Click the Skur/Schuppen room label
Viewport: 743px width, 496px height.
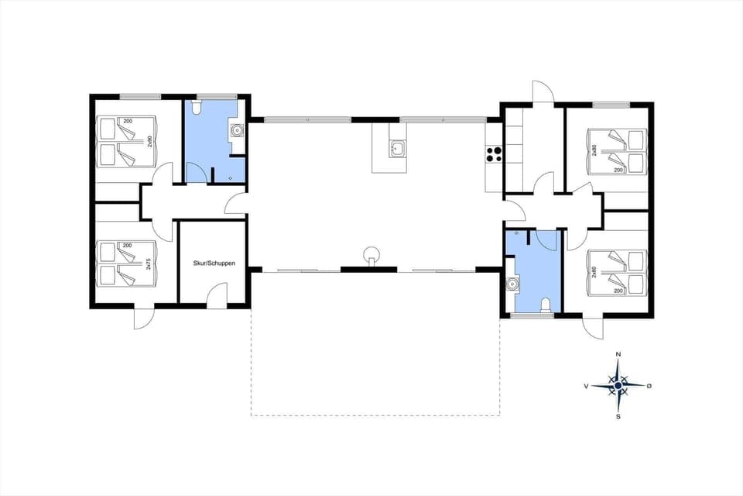[x=213, y=263]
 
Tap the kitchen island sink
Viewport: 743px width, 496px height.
[x=398, y=148]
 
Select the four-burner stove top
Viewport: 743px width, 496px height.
[x=495, y=153]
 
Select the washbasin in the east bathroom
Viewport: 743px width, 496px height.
[x=511, y=284]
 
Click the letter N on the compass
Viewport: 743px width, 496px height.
[x=618, y=354]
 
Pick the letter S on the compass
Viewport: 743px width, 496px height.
[x=618, y=416]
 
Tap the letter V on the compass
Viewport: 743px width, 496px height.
[x=586, y=385]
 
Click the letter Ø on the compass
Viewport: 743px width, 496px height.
[x=649, y=385]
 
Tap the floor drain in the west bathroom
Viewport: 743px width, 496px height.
[x=231, y=177]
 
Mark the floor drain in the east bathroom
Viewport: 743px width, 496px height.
[x=515, y=232]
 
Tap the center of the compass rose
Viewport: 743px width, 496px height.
[x=618, y=385]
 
